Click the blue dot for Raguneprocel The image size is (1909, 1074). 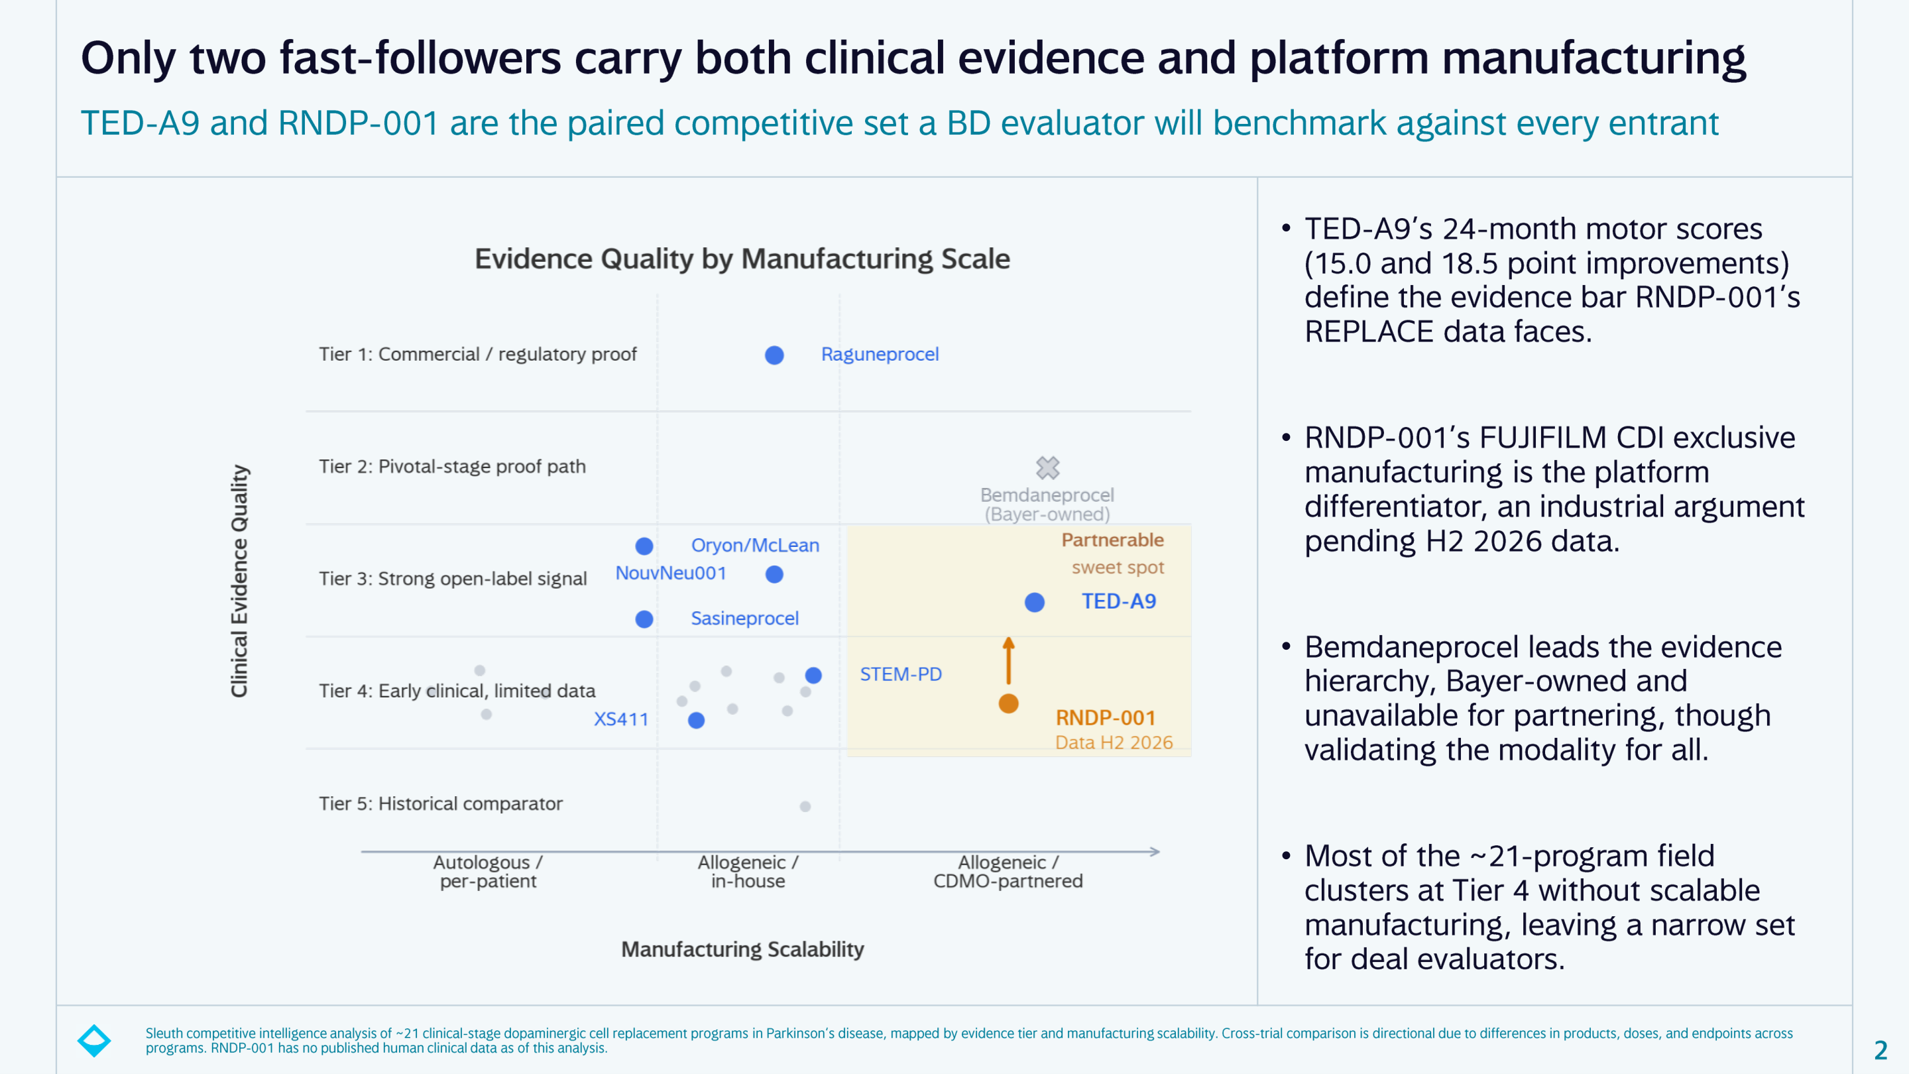click(774, 355)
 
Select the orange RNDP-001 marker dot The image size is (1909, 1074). click(1009, 703)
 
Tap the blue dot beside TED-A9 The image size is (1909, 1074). click(1035, 603)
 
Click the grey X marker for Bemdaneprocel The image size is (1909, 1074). click(1048, 467)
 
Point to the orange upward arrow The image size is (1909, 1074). click(1009, 660)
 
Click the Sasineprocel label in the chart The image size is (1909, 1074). click(745, 618)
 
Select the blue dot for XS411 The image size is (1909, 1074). click(696, 720)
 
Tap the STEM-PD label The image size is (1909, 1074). click(900, 674)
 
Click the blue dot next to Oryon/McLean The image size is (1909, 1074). click(644, 546)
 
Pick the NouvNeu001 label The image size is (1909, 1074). click(671, 573)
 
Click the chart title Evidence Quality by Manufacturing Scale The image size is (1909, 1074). click(742, 259)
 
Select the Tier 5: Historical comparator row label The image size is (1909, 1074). click(440, 804)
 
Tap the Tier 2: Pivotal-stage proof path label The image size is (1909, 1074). click(452, 466)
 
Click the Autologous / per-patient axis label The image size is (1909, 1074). click(488, 872)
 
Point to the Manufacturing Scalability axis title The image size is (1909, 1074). click(742, 949)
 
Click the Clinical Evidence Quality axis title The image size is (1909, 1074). click(239, 581)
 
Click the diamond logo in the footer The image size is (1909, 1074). click(94, 1041)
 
